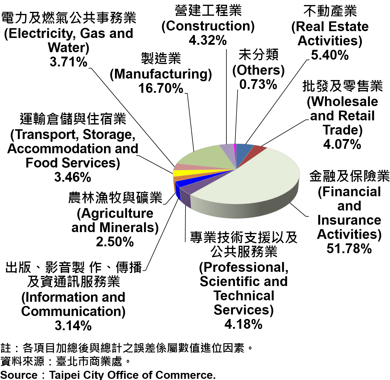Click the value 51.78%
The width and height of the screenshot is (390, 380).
[349, 248]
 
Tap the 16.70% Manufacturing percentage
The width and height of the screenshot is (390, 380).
[161, 88]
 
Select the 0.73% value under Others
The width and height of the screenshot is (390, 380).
[258, 84]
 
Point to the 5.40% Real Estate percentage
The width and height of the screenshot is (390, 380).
[330, 55]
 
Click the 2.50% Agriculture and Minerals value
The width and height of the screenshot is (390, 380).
[115, 242]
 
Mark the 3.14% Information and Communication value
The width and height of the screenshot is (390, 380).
[73, 325]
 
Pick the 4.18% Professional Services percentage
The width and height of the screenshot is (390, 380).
[243, 324]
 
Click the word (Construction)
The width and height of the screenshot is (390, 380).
[208, 26]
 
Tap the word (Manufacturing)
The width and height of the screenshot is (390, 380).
[161, 74]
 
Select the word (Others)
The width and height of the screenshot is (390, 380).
[258, 70]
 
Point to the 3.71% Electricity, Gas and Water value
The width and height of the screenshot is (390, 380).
[68, 62]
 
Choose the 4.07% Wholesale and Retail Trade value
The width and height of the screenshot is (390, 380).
[342, 144]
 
